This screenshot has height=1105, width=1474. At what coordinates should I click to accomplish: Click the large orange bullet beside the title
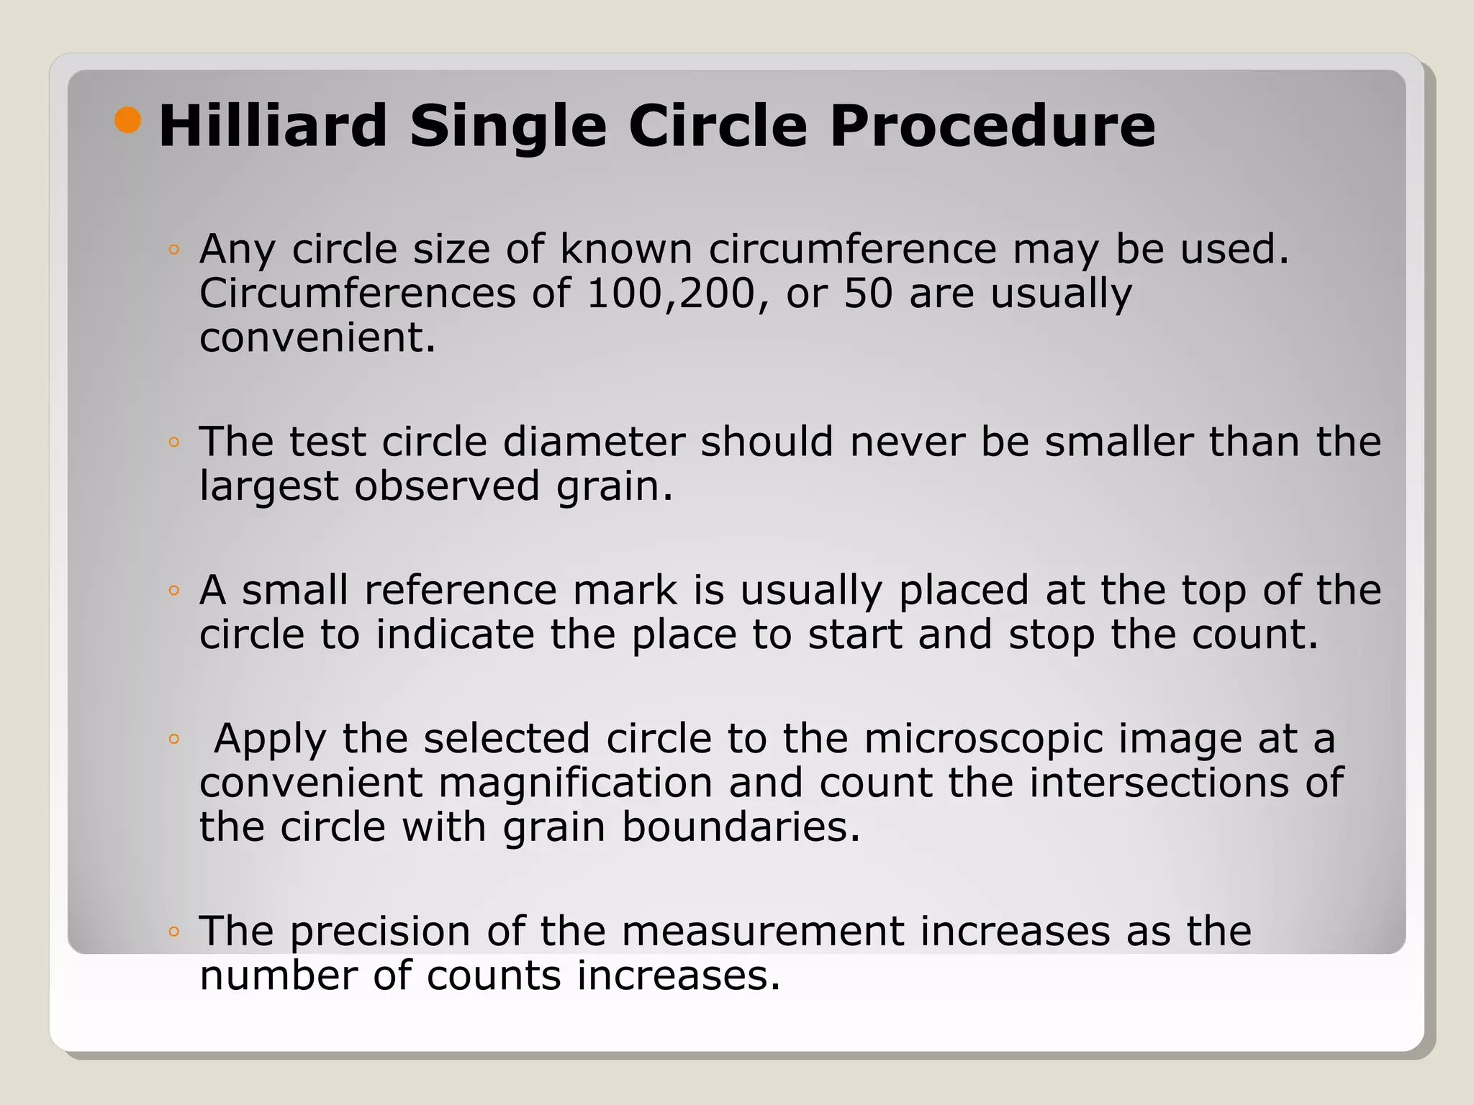click(127, 120)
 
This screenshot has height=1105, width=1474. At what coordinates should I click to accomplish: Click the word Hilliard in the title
click(273, 127)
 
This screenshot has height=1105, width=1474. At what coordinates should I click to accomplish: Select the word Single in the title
click(508, 128)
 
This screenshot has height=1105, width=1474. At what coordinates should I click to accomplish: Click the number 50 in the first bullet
click(868, 294)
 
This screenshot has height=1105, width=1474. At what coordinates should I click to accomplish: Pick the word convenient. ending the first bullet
click(317, 337)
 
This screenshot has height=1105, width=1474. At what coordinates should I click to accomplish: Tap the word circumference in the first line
click(853, 249)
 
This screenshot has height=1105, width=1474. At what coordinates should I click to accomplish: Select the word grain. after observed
click(615, 487)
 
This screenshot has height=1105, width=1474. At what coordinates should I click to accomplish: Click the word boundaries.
click(741, 827)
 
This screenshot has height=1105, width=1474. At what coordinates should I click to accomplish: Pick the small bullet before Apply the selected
click(173, 739)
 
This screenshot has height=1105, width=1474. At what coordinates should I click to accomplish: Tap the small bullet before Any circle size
click(173, 250)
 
